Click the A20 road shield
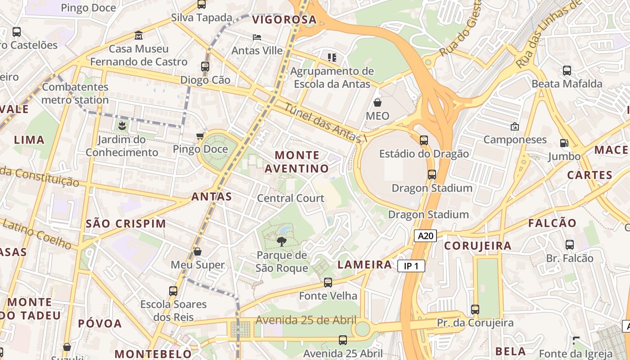click(x=425, y=236)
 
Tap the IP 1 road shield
click(x=411, y=266)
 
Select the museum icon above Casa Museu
click(x=139, y=36)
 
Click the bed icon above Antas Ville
click(x=256, y=37)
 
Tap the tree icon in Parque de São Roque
click(x=282, y=242)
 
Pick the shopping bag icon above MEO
click(x=377, y=103)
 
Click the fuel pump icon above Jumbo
click(x=564, y=143)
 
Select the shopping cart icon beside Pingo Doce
click(x=200, y=136)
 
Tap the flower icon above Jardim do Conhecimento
click(x=121, y=126)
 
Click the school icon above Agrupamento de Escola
click(x=332, y=58)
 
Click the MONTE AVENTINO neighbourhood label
click(x=297, y=162)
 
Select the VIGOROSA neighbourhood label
click(x=284, y=20)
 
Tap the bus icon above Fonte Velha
click(x=328, y=283)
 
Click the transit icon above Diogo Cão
click(x=205, y=67)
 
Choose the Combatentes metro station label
click(x=75, y=93)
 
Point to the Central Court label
click(x=291, y=198)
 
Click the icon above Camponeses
click(x=515, y=126)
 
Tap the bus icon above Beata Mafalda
click(x=567, y=71)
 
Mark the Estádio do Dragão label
click(x=424, y=154)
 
